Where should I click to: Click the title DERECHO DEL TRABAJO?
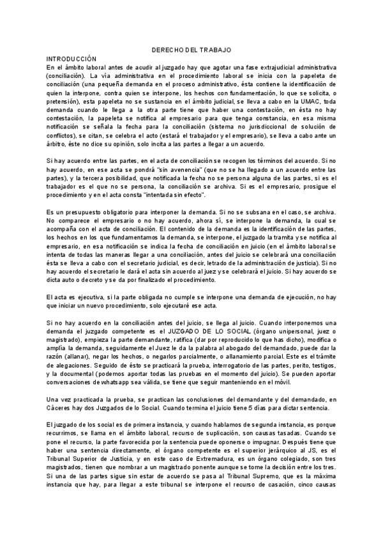[x=191, y=49]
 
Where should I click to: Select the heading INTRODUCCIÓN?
[x=72, y=58]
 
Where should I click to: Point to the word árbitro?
[x=59, y=144]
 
